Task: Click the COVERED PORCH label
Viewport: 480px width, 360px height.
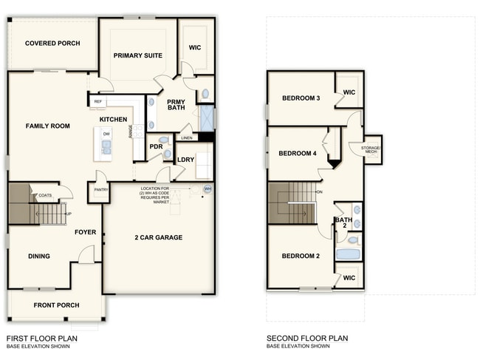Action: (x=52, y=44)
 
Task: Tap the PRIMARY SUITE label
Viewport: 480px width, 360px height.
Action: (x=138, y=55)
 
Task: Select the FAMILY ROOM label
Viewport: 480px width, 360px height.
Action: (x=48, y=126)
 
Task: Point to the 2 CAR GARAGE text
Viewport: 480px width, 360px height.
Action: (x=158, y=237)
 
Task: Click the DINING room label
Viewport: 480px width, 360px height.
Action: (x=39, y=257)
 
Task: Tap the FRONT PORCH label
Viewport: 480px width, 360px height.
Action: (x=56, y=305)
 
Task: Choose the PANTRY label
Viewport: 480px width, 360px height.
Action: (x=98, y=190)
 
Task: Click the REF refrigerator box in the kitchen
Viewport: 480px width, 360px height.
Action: (x=98, y=101)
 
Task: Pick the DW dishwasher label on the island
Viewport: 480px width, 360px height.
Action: (x=106, y=134)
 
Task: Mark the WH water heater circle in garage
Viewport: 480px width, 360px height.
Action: (x=208, y=189)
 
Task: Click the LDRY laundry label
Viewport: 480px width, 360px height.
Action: (x=185, y=159)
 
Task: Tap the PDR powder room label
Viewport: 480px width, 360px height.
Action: (x=156, y=146)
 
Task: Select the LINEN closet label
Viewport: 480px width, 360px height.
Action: (x=186, y=137)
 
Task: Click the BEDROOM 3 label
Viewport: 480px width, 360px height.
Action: (x=301, y=98)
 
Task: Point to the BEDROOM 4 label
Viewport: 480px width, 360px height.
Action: (x=298, y=154)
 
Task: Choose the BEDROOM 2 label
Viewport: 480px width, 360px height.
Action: (x=301, y=256)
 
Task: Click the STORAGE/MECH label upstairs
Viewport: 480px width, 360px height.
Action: (x=371, y=149)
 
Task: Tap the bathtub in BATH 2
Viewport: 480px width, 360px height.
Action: (x=348, y=254)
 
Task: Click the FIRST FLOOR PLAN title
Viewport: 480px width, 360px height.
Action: (x=41, y=339)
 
